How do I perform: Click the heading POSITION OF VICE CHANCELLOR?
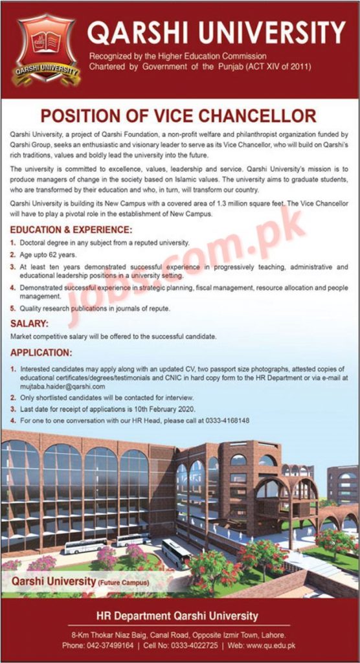(178, 116)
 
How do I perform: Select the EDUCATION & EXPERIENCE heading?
(71, 230)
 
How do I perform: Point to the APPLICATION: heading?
(41, 353)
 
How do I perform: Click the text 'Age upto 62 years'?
(47, 254)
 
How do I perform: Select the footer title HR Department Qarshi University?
(177, 616)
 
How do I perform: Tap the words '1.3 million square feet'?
(252, 203)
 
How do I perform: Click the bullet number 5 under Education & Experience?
(14, 308)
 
